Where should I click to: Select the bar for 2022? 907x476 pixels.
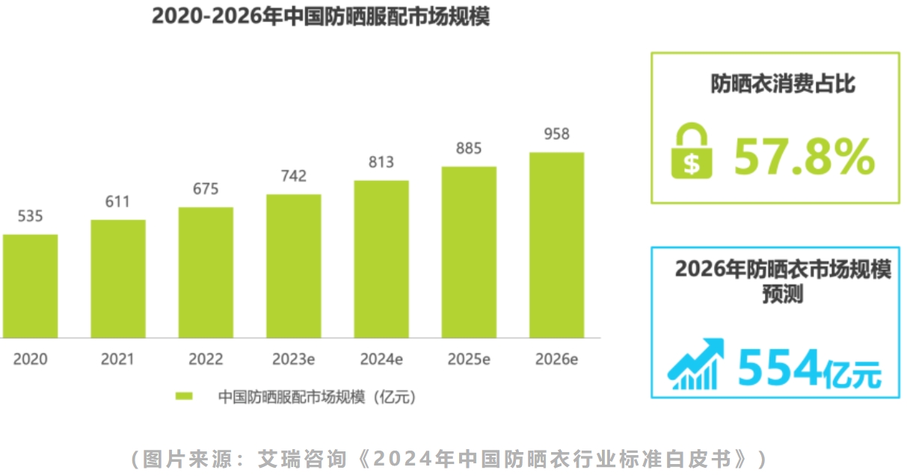pyautogui.click(x=206, y=272)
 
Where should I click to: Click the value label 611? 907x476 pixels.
pyautogui.click(x=117, y=202)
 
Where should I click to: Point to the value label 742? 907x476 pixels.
pyautogui.click(x=293, y=176)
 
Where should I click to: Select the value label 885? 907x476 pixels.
pyautogui.click(x=469, y=148)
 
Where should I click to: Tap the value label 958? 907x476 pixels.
pyautogui.click(x=556, y=135)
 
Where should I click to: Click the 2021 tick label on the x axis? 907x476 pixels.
pyautogui.click(x=118, y=359)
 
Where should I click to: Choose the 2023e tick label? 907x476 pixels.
pyautogui.click(x=293, y=359)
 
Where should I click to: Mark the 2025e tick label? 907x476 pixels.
pyautogui.click(x=469, y=359)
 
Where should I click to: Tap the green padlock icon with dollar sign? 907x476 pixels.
pyautogui.click(x=692, y=152)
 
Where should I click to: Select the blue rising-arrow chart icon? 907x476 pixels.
pyautogui.click(x=696, y=364)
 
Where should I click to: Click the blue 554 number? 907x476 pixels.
pyautogui.click(x=779, y=368)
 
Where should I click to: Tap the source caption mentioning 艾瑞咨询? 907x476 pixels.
pyautogui.click(x=449, y=458)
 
